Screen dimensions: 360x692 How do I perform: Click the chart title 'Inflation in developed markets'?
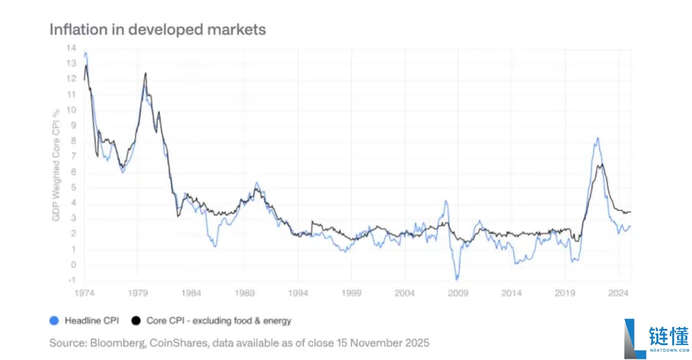[x=157, y=29]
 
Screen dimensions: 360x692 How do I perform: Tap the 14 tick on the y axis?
[x=71, y=48]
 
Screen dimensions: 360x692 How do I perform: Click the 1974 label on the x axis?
[x=84, y=294]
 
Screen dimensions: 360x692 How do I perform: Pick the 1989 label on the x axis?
[x=245, y=294]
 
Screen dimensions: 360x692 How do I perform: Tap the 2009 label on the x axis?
[x=458, y=294]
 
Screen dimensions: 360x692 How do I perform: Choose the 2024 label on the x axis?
[x=618, y=294]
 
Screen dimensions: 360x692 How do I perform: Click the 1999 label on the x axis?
[x=351, y=294]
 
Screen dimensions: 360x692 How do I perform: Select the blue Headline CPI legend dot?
[x=54, y=321]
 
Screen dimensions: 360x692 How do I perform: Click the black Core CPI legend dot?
[x=135, y=321]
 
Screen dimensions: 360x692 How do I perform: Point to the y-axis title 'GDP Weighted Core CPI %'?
[x=56, y=165]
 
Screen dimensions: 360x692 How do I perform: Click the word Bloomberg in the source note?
[x=112, y=343]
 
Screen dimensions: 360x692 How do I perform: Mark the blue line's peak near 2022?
[x=597, y=138]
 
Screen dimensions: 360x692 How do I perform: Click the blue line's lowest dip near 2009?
[x=457, y=279]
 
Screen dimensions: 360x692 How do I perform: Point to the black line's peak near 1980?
[x=145, y=73]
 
